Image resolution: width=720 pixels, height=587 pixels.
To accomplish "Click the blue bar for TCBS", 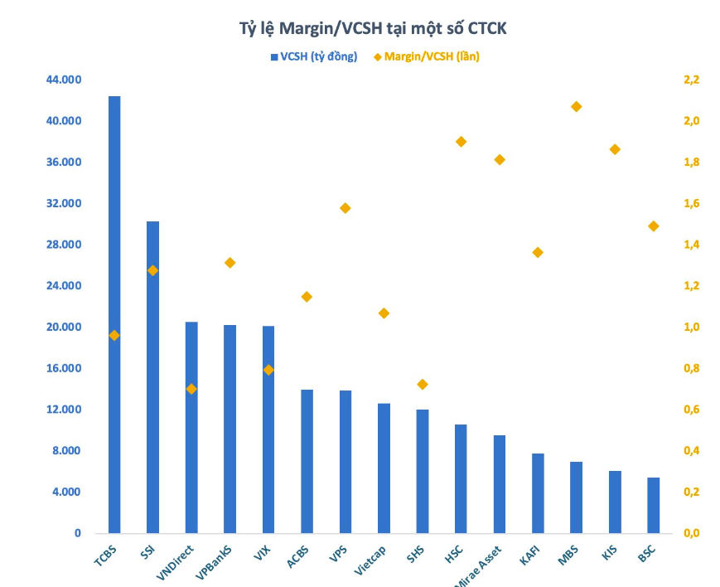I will coord(114,315).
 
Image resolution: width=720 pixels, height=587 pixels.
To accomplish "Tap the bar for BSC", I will coord(654,505).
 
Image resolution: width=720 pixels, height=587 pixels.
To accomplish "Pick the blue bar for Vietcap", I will coord(384,468).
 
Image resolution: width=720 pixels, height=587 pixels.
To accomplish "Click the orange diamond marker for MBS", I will coord(577,107).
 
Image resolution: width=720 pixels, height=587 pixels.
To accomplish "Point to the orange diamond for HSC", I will coord(461,142).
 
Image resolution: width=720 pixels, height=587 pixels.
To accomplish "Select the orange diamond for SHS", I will coord(423,385).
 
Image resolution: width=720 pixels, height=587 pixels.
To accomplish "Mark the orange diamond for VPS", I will coord(346,208).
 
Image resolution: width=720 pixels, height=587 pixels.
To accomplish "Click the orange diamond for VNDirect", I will coord(191,389).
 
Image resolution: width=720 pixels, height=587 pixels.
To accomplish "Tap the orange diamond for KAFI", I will coord(538,252).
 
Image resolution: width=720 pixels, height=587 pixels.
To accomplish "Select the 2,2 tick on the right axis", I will coord(691,80).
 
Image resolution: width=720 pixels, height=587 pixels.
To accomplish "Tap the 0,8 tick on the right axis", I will coord(691,368).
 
